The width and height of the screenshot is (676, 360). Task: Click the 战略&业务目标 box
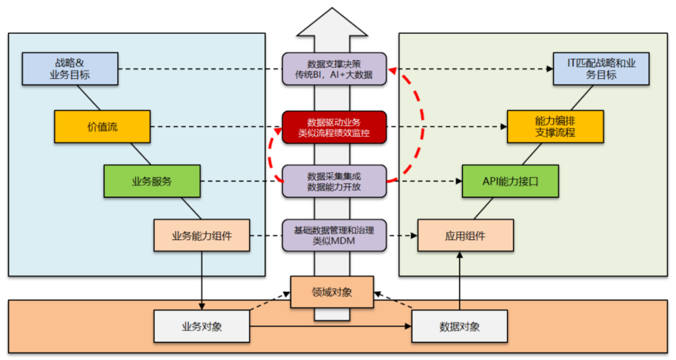click(x=69, y=69)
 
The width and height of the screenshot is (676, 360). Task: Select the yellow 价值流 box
click(x=102, y=126)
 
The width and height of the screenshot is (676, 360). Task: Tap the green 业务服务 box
click(x=151, y=182)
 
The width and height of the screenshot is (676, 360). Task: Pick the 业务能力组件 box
click(x=202, y=236)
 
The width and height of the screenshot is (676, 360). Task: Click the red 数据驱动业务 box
click(x=334, y=127)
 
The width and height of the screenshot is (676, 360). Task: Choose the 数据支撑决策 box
click(x=334, y=69)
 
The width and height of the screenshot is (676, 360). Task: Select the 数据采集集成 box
click(x=334, y=181)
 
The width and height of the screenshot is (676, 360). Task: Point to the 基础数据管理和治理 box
click(x=334, y=235)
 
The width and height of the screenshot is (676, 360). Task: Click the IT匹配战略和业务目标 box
click(x=600, y=69)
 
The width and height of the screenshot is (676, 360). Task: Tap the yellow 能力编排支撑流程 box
click(x=555, y=126)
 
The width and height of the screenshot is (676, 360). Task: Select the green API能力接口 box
click(x=510, y=182)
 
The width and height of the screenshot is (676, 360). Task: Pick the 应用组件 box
click(x=465, y=236)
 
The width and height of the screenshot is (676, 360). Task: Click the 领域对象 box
click(x=332, y=292)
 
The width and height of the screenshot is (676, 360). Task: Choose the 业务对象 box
click(x=202, y=326)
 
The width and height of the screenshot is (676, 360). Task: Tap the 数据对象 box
click(x=459, y=326)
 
